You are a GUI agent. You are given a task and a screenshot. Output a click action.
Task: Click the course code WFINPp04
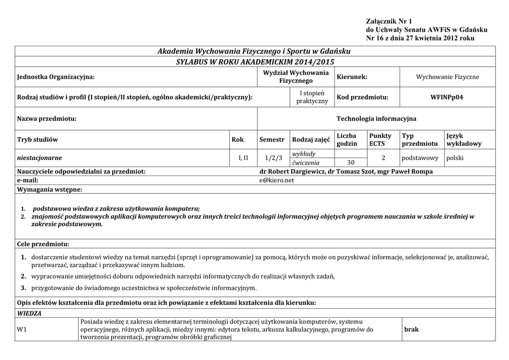pos(446,97)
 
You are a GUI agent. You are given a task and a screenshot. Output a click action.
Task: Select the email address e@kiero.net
pos(273,180)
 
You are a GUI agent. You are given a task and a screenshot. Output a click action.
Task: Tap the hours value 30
pos(351,163)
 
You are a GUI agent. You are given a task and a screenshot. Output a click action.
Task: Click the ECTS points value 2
pos(383,158)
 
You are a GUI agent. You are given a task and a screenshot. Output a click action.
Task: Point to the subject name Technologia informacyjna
pos(376,119)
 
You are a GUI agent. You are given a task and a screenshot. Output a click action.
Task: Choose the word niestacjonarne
pos(40,158)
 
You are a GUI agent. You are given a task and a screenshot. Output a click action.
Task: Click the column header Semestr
pos(272,140)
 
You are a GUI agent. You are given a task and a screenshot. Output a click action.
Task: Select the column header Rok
pos(238,140)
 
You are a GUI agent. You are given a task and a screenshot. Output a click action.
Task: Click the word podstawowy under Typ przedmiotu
pos(420,158)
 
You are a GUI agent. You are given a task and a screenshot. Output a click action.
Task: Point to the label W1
pos(22,330)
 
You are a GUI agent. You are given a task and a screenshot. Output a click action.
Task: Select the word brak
pos(412,330)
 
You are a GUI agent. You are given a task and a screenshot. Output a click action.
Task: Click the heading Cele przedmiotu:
pos(43,244)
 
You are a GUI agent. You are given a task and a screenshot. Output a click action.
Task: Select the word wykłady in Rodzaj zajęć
pos(304,154)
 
